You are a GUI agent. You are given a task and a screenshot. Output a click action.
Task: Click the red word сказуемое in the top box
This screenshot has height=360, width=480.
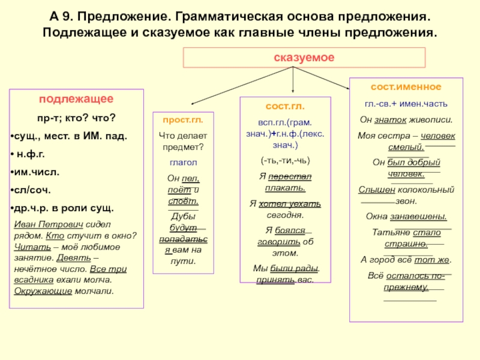[x=295, y=58]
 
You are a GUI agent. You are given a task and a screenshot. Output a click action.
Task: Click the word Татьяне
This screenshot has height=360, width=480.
[x=390, y=232]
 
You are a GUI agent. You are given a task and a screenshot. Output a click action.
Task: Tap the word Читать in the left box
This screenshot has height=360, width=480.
[x=28, y=247]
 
